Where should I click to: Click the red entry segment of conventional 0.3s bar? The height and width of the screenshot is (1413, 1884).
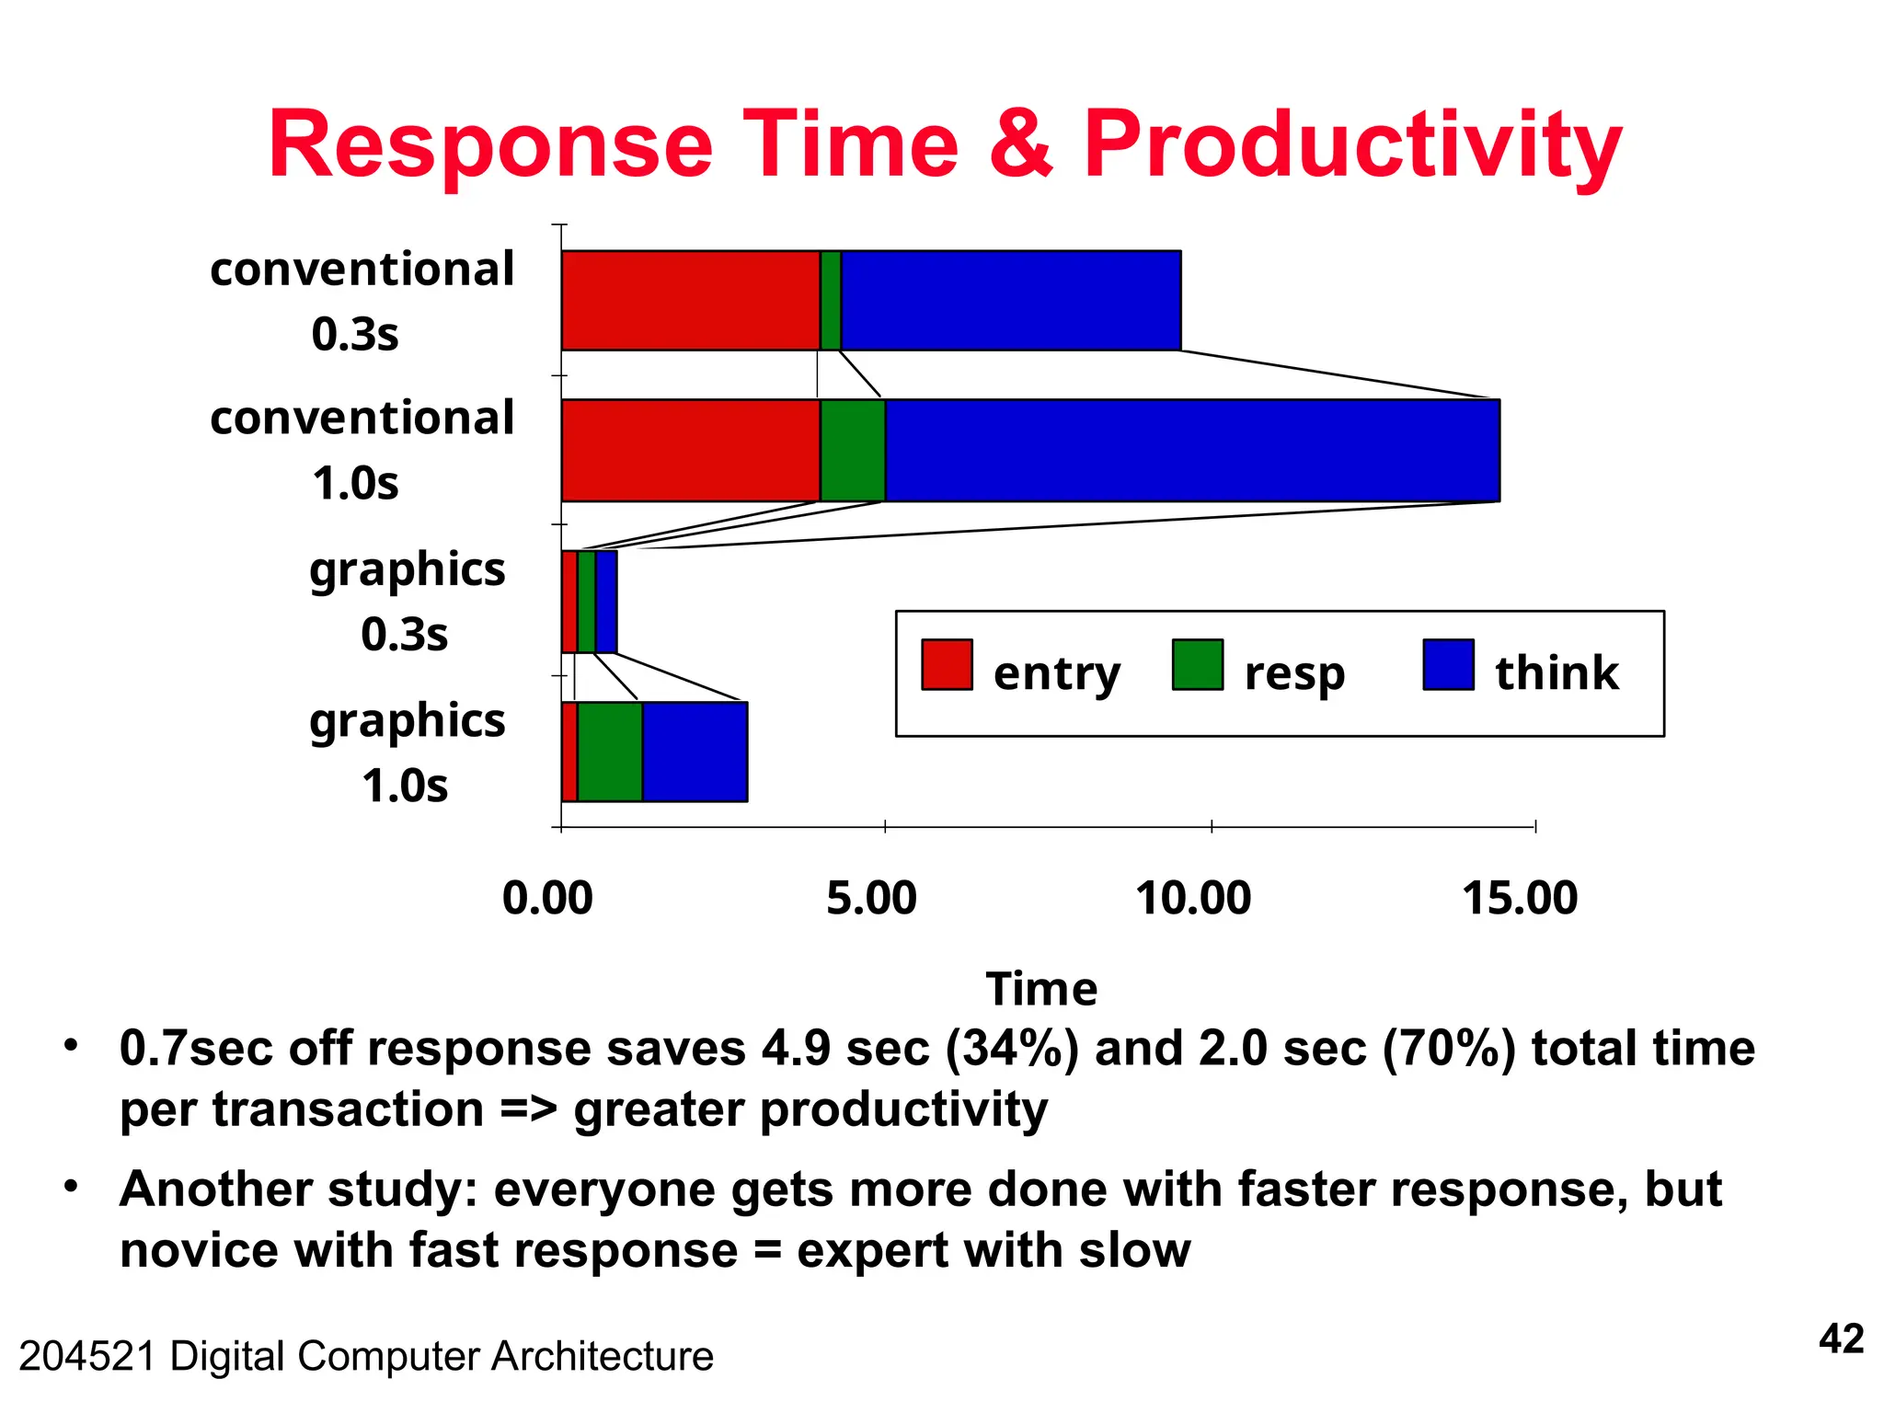pyautogui.click(x=690, y=300)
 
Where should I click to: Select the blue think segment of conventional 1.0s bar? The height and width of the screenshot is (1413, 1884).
pyautogui.click(x=1191, y=450)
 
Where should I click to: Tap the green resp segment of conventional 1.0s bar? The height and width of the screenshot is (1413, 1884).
pyautogui.click(x=852, y=450)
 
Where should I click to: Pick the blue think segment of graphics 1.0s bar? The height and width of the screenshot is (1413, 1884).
pyautogui.click(x=695, y=752)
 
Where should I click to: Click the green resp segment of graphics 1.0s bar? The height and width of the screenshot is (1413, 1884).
pyautogui.click(x=609, y=752)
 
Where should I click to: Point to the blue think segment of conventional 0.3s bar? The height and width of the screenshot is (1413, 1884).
pyautogui.click(x=1010, y=300)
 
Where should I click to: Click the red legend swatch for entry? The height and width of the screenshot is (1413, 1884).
pyautogui.click(x=947, y=664)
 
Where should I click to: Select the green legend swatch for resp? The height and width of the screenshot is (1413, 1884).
pyautogui.click(x=1197, y=664)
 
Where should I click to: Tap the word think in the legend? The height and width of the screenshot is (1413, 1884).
pyautogui.click(x=1556, y=672)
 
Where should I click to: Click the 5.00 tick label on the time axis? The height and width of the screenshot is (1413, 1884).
pyautogui.click(x=871, y=898)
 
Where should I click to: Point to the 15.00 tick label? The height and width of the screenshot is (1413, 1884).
pyautogui.click(x=1520, y=898)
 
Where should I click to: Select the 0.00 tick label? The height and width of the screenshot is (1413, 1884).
pyautogui.click(x=547, y=898)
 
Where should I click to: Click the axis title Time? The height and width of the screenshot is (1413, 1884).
pyautogui.click(x=1041, y=989)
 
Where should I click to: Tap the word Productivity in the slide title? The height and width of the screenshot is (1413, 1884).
pyautogui.click(x=1351, y=145)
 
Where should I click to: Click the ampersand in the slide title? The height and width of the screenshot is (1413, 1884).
pyautogui.click(x=1020, y=145)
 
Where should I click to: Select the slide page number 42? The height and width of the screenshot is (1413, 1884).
pyautogui.click(x=1841, y=1338)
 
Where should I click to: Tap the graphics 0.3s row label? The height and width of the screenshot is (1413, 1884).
pyautogui.click(x=407, y=602)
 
